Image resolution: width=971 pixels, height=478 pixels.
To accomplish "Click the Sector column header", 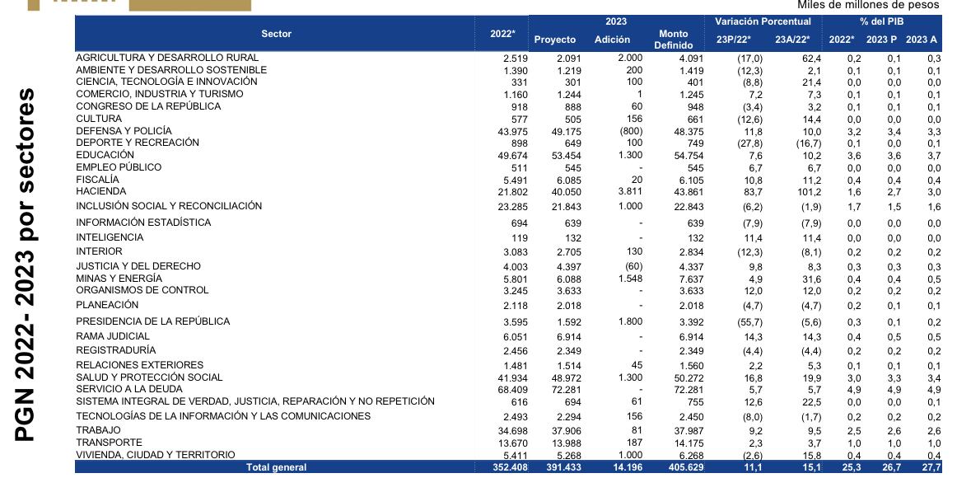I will point(276,34).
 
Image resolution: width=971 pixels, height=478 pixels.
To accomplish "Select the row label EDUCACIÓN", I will point(105,155).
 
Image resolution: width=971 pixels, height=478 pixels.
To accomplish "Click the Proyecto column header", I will point(554,40).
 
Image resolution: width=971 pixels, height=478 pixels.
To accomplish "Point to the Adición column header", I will point(612,40).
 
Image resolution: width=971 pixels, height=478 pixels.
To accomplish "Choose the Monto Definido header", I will point(673,40).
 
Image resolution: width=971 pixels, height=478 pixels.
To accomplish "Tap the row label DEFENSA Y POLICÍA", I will point(124,131).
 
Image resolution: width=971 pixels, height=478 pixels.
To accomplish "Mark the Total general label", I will point(276,467).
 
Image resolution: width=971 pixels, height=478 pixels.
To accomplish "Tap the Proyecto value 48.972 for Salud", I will point(566,377).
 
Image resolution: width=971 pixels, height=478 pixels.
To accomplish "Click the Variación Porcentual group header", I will point(763,21).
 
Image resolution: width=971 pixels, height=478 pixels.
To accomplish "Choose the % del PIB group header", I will point(881,21).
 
